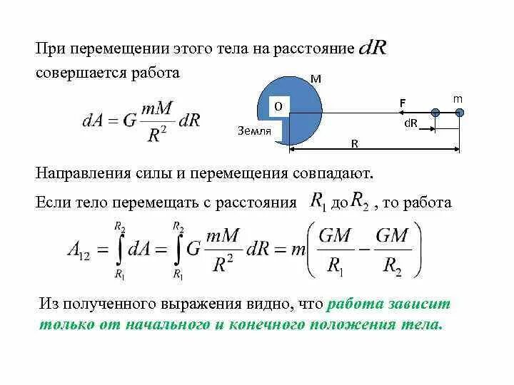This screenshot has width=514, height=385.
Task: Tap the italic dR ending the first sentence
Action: (372, 48)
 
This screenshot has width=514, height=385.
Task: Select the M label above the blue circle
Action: (316, 80)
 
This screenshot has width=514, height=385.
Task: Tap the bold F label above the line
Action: (403, 103)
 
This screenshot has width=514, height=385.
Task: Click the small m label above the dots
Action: (458, 96)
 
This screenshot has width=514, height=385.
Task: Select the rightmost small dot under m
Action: (459, 113)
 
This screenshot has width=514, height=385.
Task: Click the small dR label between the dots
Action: (410, 123)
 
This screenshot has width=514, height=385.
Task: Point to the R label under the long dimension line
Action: (354, 143)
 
